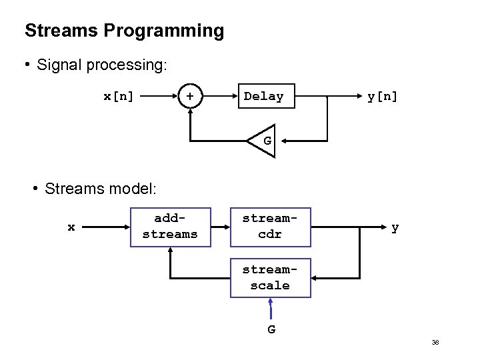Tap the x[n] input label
119,97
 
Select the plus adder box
191,97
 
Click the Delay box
263,97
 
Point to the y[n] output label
382,97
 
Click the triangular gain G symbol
263,141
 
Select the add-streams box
170,227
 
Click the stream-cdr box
270,227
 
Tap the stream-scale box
270,278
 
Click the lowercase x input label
71,227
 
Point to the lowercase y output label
395,227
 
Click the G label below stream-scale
271,329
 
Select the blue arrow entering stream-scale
271,309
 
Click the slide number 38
435,343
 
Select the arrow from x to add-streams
106,227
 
